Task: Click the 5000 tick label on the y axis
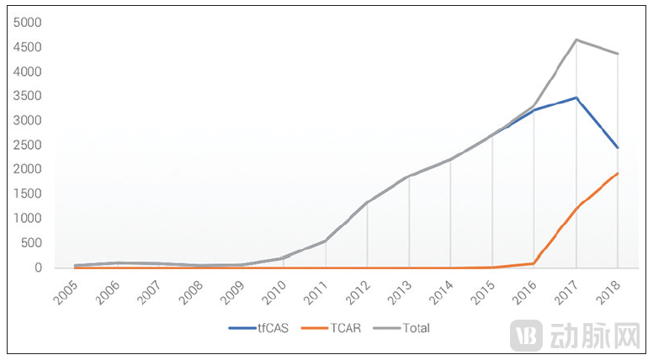tap(28, 23)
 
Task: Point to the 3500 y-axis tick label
tap(28, 96)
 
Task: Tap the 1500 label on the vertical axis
tap(28, 194)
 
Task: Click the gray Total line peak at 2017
tap(576, 40)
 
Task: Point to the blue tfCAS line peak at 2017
tap(576, 98)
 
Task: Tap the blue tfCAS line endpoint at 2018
tap(618, 148)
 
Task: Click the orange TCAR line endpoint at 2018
tap(618, 173)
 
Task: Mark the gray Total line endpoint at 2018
tap(618, 54)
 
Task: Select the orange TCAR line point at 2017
tap(576, 208)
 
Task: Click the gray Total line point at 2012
tap(368, 202)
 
